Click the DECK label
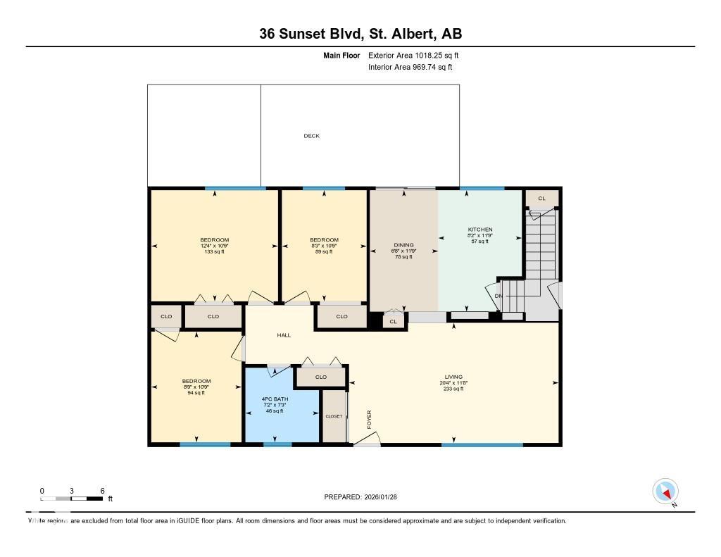tap(311, 136)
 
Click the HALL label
tap(284, 335)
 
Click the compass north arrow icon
tap(665, 491)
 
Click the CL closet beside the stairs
tap(541, 199)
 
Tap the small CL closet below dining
tap(394, 322)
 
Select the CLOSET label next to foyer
tap(334, 416)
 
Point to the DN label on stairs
tap(499, 296)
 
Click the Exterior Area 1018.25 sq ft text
tap(413, 55)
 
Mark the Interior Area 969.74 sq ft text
tap(410, 68)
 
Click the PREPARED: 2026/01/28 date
tap(365, 497)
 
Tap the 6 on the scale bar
tap(103, 490)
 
